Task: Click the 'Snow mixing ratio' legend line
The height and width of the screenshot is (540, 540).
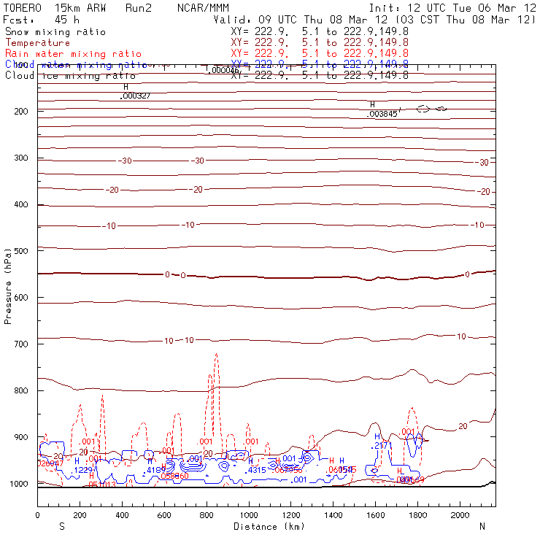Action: pos(55,32)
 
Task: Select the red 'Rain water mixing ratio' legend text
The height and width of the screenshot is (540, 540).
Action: pos(65,54)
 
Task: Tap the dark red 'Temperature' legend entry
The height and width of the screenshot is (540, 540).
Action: pos(37,43)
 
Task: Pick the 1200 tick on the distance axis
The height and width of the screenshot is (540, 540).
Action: pos(291,515)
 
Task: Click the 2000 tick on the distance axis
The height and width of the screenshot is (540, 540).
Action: pos(460,515)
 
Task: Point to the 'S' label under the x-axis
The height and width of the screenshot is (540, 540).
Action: pos(61,526)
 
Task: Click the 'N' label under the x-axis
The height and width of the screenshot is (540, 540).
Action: pos(482,526)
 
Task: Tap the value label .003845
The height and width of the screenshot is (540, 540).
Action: pos(382,115)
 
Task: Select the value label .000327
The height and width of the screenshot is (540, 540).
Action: pos(136,96)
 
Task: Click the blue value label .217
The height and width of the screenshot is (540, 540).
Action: pos(380,445)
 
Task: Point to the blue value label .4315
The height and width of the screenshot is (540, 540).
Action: pos(256,470)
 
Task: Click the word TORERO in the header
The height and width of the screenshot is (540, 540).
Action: pos(23,7)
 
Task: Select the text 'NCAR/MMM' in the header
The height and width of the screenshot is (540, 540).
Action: pos(202,7)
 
